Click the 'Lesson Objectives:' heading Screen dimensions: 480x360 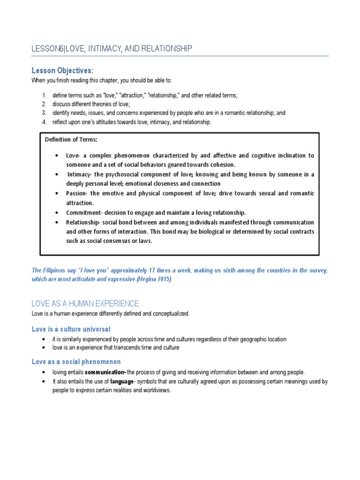[62, 71]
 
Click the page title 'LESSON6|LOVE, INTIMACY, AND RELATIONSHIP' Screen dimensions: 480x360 [112, 49]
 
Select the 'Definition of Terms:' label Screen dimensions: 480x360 [71, 140]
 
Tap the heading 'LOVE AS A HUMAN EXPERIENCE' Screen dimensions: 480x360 [85, 303]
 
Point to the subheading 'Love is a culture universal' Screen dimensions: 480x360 [71, 329]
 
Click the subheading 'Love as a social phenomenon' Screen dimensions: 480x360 [76, 362]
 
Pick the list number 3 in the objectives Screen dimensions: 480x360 [43, 113]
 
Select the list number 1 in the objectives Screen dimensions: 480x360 [43, 95]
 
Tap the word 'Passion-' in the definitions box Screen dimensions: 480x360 [78, 194]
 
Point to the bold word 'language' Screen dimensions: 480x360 [122, 382]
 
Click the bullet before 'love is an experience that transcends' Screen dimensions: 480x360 [43, 348]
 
